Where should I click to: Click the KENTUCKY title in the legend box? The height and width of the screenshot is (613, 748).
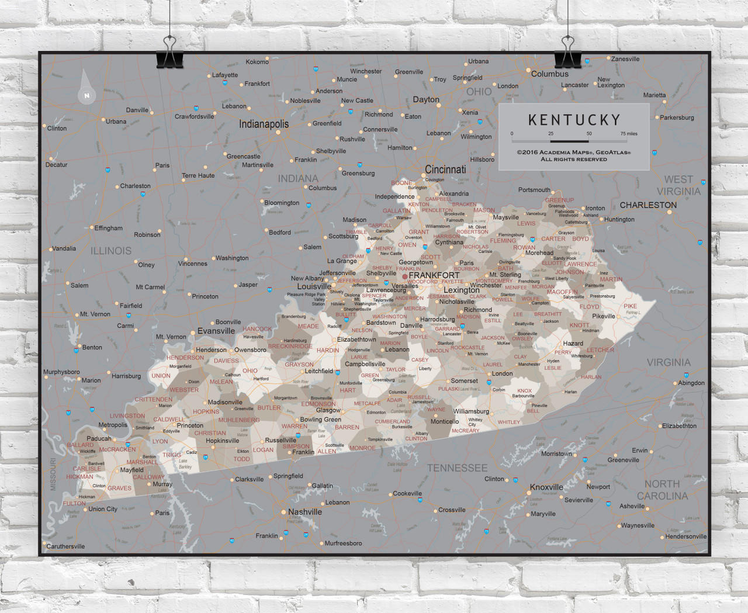(x=574, y=120)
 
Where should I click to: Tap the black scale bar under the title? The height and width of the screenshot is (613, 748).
(x=569, y=141)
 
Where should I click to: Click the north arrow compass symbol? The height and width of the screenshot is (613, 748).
(x=86, y=88)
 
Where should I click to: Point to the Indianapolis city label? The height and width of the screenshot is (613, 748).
(x=264, y=124)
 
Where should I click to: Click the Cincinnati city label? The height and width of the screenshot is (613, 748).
(x=445, y=169)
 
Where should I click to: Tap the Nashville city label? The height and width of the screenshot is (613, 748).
(x=304, y=512)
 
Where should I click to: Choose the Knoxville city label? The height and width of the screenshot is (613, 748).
(x=546, y=487)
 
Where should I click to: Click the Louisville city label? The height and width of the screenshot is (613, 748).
(x=314, y=286)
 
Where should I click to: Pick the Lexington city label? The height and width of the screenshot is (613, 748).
(x=461, y=290)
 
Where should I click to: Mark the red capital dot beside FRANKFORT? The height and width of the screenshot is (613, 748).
(x=404, y=276)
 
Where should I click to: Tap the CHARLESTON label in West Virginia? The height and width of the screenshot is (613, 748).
(x=648, y=205)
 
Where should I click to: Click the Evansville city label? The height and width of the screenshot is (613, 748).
(x=216, y=331)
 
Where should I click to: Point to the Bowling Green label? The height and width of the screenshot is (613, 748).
(x=320, y=420)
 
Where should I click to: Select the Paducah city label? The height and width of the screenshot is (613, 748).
(x=99, y=438)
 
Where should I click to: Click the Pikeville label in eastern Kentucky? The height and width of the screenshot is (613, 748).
(x=603, y=316)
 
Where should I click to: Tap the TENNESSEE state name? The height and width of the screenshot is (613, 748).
(x=457, y=468)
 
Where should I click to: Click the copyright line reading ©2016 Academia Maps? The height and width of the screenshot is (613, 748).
(x=573, y=153)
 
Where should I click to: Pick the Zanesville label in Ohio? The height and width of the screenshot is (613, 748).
(x=625, y=59)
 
